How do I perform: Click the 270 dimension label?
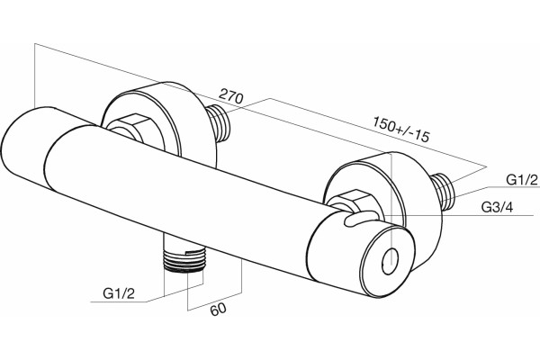231,95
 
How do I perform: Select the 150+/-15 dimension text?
401,130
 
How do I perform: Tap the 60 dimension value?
219,309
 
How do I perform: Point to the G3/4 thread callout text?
497,207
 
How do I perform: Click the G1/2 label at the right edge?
521,180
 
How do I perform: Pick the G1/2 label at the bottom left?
119,293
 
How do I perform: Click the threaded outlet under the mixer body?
184,258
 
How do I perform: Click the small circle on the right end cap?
390,262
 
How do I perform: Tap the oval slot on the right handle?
359,219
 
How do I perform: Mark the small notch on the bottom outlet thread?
191,251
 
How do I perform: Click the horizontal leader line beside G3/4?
457,216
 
